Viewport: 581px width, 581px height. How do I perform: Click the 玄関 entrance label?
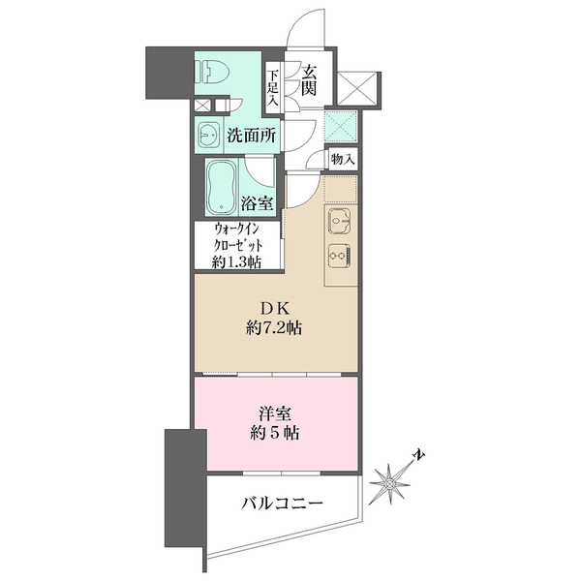[309, 79]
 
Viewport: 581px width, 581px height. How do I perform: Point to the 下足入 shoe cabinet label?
[273, 86]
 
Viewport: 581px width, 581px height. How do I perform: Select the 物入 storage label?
[342, 159]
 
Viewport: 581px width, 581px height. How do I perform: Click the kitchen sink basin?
[340, 223]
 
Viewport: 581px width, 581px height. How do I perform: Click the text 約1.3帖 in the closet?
[236, 261]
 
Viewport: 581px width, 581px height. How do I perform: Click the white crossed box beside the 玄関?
[349, 88]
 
